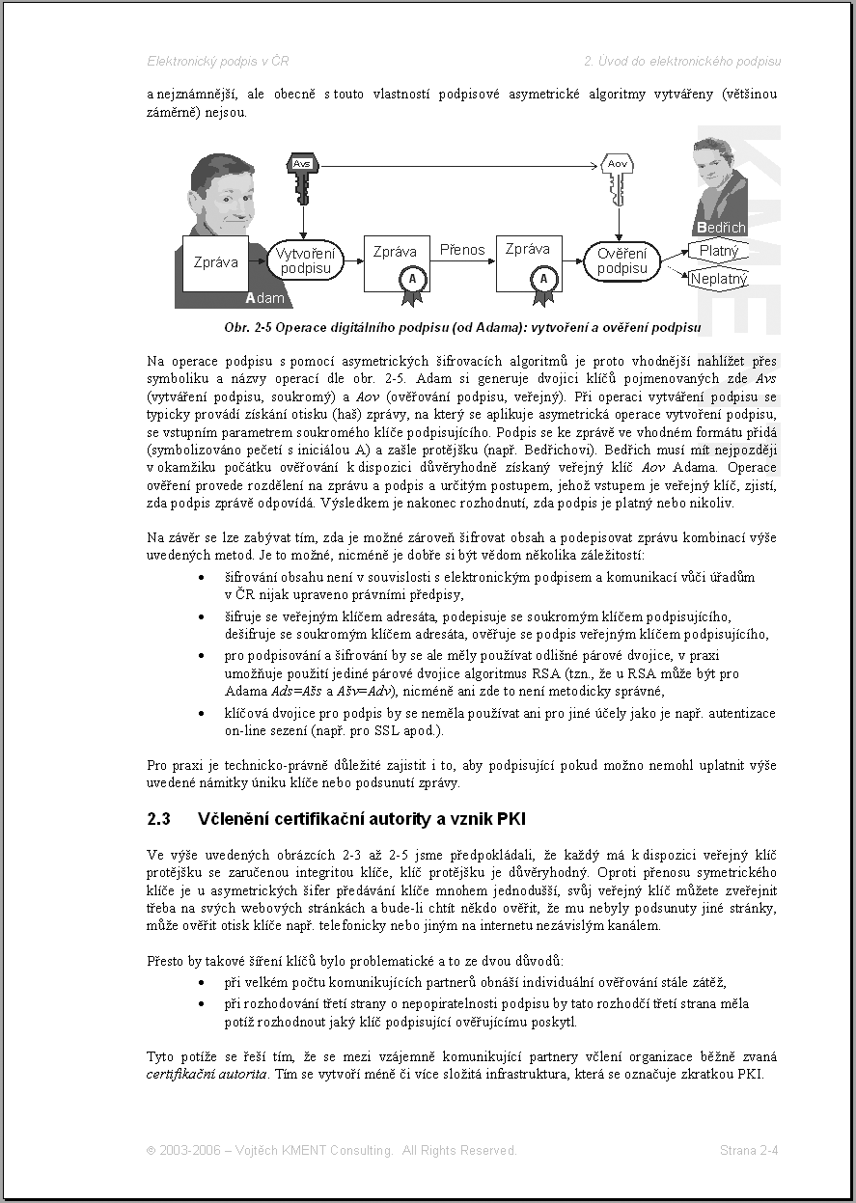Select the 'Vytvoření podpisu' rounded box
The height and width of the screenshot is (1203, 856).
pyautogui.click(x=305, y=260)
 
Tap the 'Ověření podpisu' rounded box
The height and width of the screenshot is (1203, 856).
pyautogui.click(x=622, y=260)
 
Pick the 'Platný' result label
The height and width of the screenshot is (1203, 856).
pyautogui.click(x=719, y=252)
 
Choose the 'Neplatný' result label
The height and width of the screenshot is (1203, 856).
pyautogui.click(x=719, y=280)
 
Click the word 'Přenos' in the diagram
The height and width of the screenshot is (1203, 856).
pyautogui.click(x=462, y=250)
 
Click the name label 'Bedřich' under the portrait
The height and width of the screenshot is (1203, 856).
pyautogui.click(x=721, y=228)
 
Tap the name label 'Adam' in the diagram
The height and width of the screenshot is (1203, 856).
pyautogui.click(x=265, y=298)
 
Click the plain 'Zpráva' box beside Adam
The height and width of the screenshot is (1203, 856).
pyautogui.click(x=215, y=261)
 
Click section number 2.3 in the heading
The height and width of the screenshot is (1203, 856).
pyautogui.click(x=159, y=819)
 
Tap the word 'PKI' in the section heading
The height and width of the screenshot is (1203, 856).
pyautogui.click(x=511, y=819)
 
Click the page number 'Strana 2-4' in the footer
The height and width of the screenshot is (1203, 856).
pyautogui.click(x=749, y=1150)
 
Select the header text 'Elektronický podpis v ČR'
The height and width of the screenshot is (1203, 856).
pyautogui.click(x=217, y=61)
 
